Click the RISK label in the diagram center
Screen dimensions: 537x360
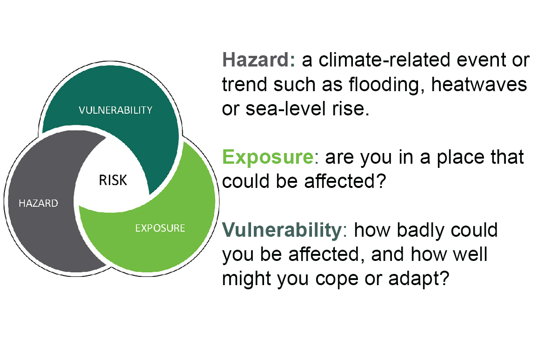(x=113, y=180)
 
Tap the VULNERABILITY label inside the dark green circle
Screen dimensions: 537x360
(x=115, y=110)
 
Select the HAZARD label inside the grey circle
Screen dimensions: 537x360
(x=38, y=203)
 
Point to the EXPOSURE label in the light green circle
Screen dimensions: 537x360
(x=160, y=228)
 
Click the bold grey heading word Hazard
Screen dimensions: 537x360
(x=256, y=60)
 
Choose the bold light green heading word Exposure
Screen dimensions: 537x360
(x=268, y=158)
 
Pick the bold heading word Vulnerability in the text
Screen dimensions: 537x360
(x=282, y=229)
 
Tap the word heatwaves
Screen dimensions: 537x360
(x=479, y=84)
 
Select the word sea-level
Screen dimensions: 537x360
(x=286, y=108)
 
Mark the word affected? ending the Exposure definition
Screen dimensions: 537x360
(x=345, y=181)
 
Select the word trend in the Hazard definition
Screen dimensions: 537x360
(x=244, y=84)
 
